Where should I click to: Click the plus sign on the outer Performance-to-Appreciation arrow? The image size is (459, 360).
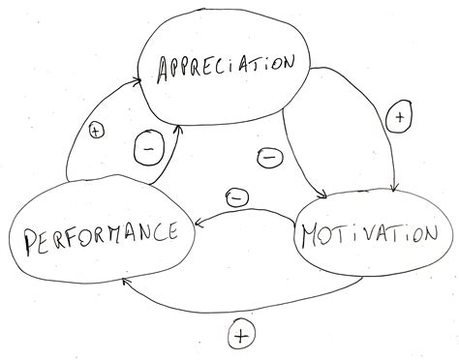(x=96, y=130)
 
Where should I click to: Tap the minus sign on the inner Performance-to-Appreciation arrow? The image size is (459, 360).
(x=146, y=150)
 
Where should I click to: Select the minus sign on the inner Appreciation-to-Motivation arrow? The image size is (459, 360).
(x=270, y=155)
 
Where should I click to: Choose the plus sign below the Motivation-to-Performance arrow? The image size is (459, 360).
(x=241, y=336)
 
